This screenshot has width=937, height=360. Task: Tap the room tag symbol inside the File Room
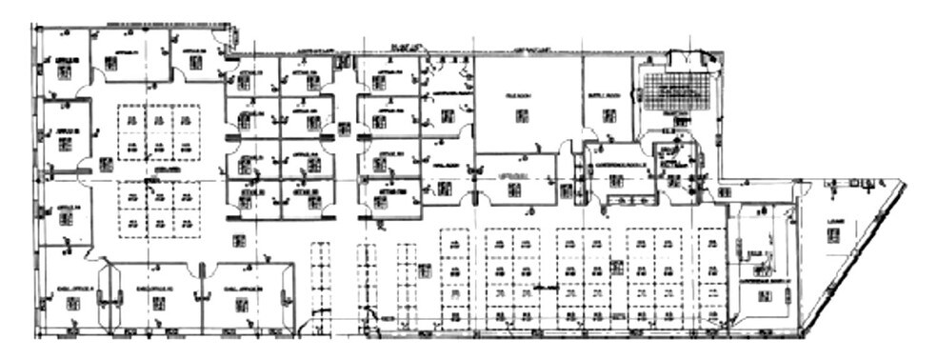click(x=521, y=115)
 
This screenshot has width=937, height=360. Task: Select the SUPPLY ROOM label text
click(x=608, y=94)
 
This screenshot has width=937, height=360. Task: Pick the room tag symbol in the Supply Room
click(x=608, y=115)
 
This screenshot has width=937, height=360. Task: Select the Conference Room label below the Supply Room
click(x=620, y=163)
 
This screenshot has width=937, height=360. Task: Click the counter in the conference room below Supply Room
click(x=627, y=200)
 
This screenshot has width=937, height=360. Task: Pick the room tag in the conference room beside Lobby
click(x=765, y=296)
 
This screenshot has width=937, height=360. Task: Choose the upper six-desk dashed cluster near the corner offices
click(x=159, y=132)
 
